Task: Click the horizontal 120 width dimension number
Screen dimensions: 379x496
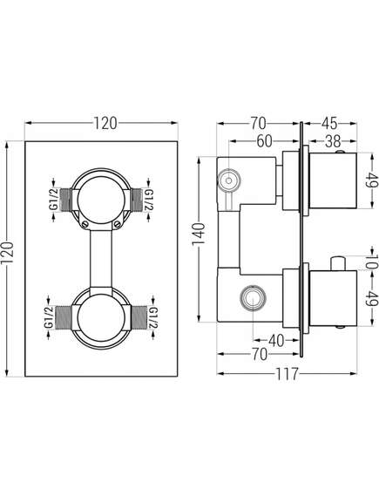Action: point(105,123)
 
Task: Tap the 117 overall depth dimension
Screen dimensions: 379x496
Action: point(287,374)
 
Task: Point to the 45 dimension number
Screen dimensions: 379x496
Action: point(329,123)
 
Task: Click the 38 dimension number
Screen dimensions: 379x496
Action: point(333,141)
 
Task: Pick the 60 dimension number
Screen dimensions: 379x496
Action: point(264,141)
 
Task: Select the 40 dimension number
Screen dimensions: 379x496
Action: point(276,341)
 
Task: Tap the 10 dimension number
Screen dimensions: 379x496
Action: point(372,261)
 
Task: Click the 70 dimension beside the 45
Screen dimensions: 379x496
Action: point(259,123)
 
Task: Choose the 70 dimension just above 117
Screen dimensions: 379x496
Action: point(259,354)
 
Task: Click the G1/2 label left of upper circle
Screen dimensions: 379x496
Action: point(53,200)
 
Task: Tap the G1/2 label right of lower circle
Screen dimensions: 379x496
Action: point(153,317)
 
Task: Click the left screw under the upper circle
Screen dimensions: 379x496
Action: point(85,224)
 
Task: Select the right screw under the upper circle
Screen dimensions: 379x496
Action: point(117,224)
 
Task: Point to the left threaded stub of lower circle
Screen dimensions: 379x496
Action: point(64,317)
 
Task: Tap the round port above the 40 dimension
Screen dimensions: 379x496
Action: point(253,298)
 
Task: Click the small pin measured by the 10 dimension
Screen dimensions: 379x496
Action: point(338,263)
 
